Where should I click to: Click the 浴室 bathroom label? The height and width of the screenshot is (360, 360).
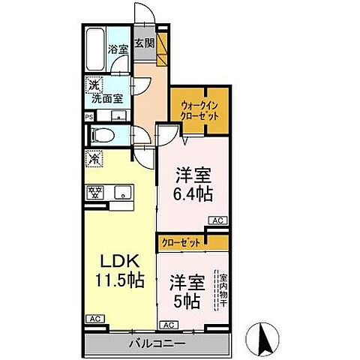tap(118, 49)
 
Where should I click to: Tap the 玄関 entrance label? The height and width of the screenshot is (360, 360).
tap(145, 43)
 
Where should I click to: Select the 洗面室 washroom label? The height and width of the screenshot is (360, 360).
tap(109, 97)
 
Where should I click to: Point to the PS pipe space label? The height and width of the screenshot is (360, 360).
tap(88, 117)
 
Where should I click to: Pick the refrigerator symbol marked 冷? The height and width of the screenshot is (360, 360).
tap(94, 158)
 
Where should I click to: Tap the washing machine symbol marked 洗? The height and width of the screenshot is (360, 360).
tap(93, 85)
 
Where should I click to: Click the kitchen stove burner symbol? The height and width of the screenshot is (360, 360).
tap(95, 192)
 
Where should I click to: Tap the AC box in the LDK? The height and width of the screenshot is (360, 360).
tap(94, 319)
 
